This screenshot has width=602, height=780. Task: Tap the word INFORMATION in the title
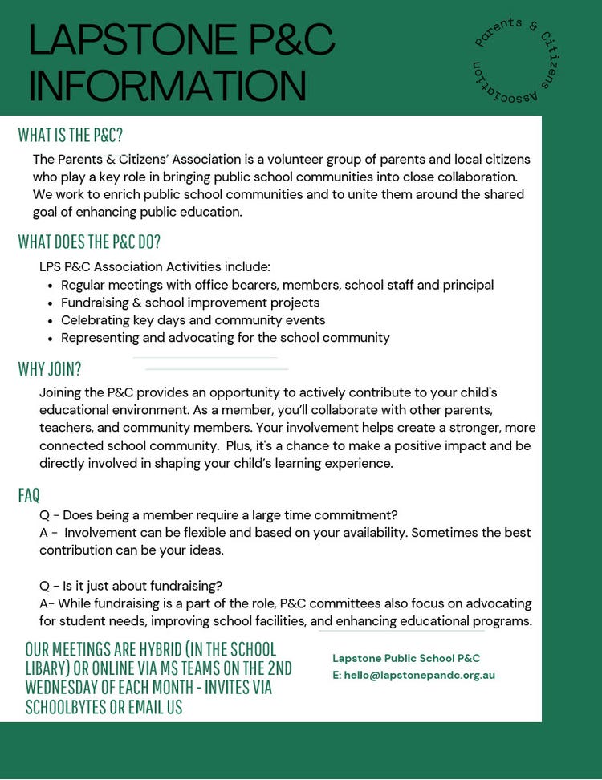(x=167, y=85)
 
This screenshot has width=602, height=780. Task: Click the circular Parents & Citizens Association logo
(x=516, y=61)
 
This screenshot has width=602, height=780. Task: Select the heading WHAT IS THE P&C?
(x=71, y=135)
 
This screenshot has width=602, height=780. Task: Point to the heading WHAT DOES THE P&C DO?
(x=89, y=242)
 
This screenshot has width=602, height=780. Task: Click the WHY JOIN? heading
(x=50, y=369)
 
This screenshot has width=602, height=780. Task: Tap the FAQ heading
(x=29, y=494)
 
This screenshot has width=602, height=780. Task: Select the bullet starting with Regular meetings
(x=277, y=285)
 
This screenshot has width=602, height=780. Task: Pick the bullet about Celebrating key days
(x=193, y=320)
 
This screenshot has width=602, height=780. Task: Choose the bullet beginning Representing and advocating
(x=225, y=338)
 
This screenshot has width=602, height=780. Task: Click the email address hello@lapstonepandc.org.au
(x=419, y=675)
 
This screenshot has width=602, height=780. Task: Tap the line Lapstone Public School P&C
(x=406, y=658)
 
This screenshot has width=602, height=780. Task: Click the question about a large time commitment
(x=218, y=515)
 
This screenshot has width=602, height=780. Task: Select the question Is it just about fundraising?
(x=131, y=585)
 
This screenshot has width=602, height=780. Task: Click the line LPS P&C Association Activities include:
(x=155, y=266)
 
